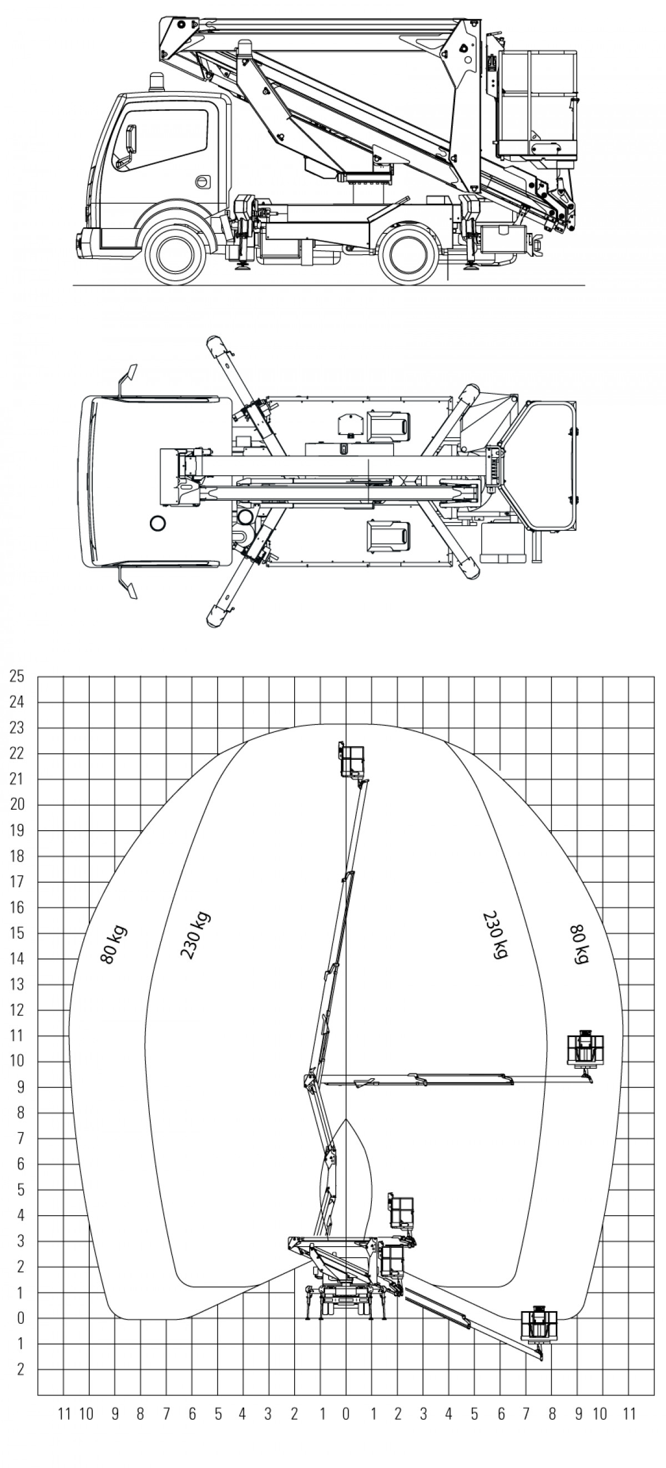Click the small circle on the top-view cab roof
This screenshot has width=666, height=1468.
[x=158, y=522]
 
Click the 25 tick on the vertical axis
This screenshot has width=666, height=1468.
[x=18, y=677]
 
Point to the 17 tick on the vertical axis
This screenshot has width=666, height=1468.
[x=18, y=882]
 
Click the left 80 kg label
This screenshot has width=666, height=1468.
[x=113, y=946]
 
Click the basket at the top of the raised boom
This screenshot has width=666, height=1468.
[x=352, y=761]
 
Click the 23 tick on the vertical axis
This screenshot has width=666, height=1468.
[x=18, y=728]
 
